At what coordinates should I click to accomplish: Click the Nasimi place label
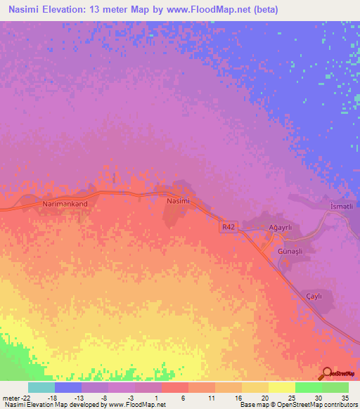178,200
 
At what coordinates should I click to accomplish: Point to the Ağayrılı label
275,228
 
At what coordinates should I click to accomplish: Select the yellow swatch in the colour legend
281,387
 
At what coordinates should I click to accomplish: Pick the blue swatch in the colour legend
68,387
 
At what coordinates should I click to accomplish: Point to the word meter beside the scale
8,397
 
